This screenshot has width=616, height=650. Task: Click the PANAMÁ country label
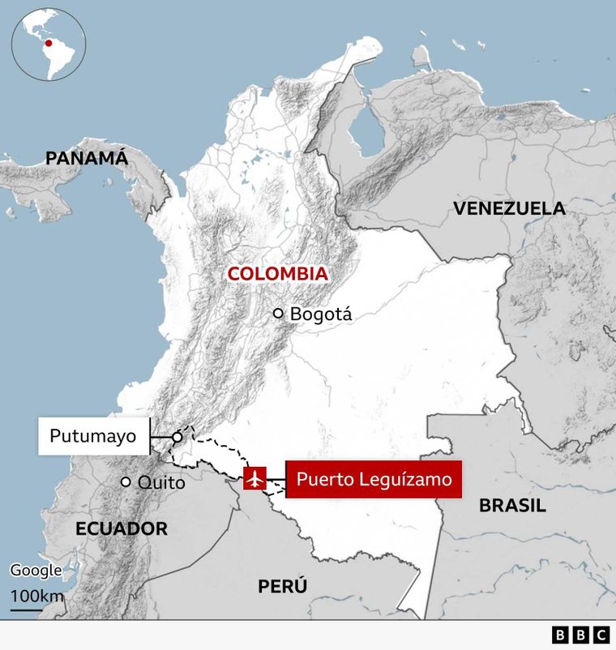pyautogui.click(x=87, y=158)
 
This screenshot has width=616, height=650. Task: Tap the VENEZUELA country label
pyautogui.click(x=509, y=208)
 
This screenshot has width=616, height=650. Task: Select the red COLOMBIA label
pyautogui.click(x=277, y=274)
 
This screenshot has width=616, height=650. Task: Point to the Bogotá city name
pyautogui.click(x=321, y=314)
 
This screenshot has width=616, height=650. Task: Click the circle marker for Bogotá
pyautogui.click(x=278, y=313)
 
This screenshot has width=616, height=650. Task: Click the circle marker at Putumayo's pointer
pyautogui.click(x=177, y=437)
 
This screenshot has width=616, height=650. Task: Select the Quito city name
pyautogui.click(x=161, y=483)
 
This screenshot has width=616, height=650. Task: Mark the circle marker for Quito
pyautogui.click(x=126, y=482)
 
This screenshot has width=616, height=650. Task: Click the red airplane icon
pyautogui.click(x=255, y=479)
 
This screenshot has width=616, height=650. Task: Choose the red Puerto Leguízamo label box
pyautogui.click(x=374, y=479)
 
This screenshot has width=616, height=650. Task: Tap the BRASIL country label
pyautogui.click(x=512, y=506)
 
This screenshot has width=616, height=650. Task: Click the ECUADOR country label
pyautogui.click(x=122, y=529)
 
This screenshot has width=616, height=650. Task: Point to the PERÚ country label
pyautogui.click(x=283, y=586)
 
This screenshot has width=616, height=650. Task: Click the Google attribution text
pyautogui.click(x=36, y=571)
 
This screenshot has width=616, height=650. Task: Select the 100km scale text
pyautogui.click(x=37, y=597)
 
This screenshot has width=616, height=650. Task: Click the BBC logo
pyautogui.click(x=580, y=635)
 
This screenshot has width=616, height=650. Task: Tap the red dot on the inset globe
pyautogui.click(x=49, y=43)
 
